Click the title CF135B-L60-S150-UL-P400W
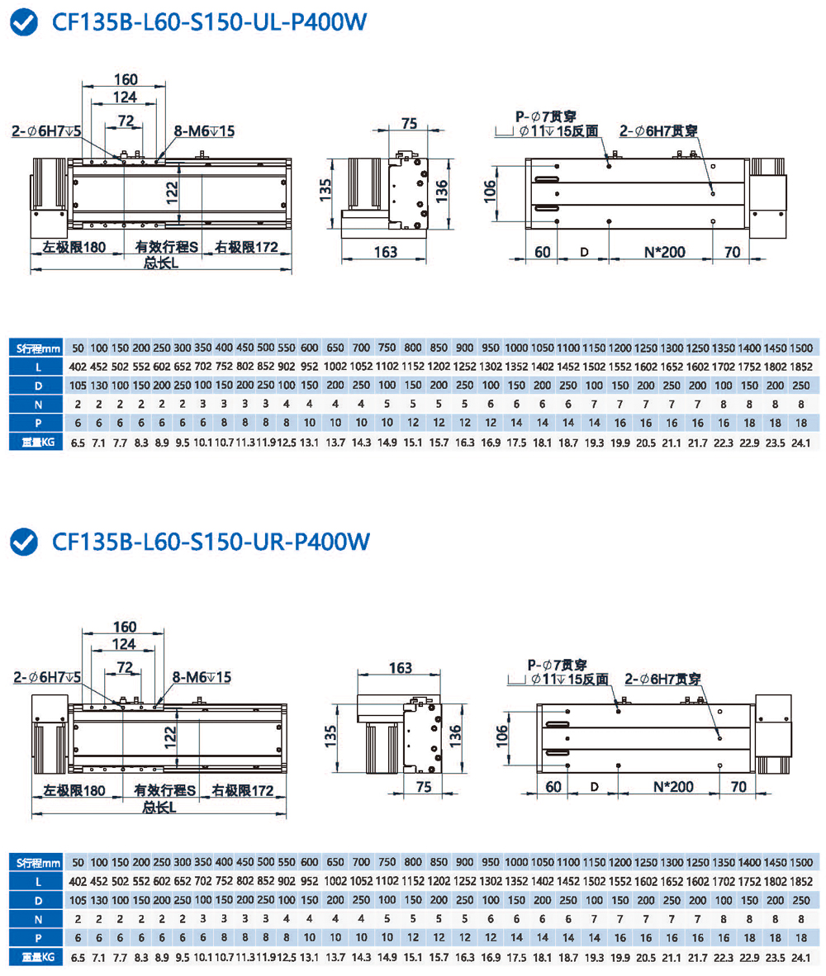pyautogui.click(x=208, y=23)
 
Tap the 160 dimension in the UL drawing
pyautogui.click(x=125, y=79)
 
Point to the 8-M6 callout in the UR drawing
pyautogui.click(x=202, y=677)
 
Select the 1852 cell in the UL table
pyautogui.click(x=800, y=366)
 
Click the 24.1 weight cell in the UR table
pyautogui.click(x=800, y=959)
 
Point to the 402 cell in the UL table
pyautogui.click(x=78, y=366)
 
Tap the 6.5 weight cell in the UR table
pyautogui.click(x=78, y=959)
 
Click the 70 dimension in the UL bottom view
pyautogui.click(x=730, y=252)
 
